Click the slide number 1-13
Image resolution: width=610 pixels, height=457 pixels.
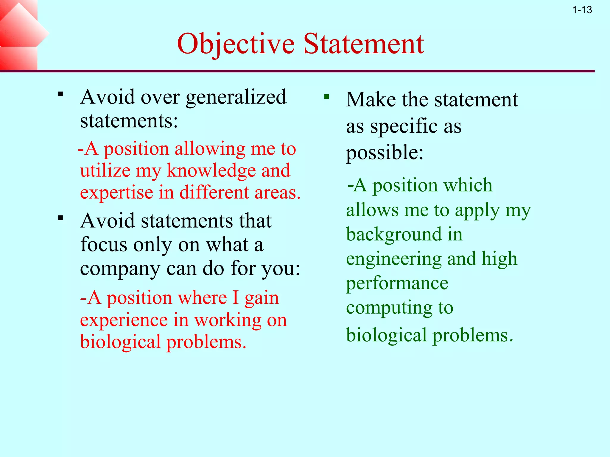click(582, 10)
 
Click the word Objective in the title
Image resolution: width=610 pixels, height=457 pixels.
click(236, 44)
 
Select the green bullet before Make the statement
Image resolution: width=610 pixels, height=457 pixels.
click(327, 97)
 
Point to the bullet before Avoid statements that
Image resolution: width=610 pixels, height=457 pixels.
click(61, 218)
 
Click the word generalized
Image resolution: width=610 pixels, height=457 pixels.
click(236, 98)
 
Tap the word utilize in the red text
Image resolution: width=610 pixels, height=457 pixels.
click(105, 170)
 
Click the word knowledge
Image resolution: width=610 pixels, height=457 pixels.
click(211, 170)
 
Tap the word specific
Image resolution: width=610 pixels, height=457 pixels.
click(404, 126)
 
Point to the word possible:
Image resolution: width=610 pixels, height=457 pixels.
click(385, 152)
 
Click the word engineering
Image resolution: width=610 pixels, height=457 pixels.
click(393, 259)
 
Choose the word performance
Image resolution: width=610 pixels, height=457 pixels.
click(397, 283)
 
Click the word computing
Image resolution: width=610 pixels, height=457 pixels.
click(389, 308)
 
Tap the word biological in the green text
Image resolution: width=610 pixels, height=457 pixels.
click(386, 335)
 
